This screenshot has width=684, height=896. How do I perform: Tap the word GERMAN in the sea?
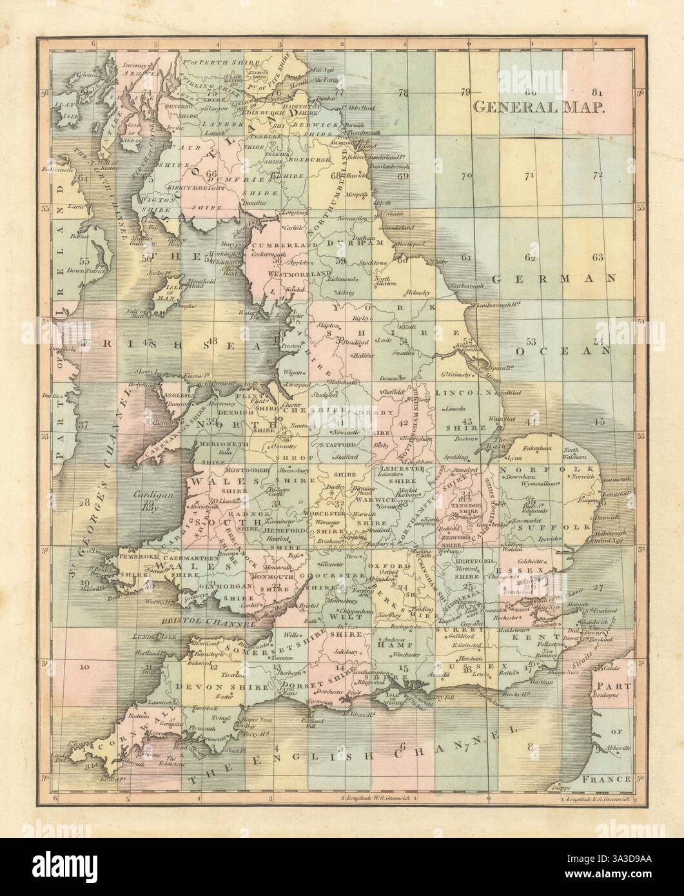click(x=551, y=279)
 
